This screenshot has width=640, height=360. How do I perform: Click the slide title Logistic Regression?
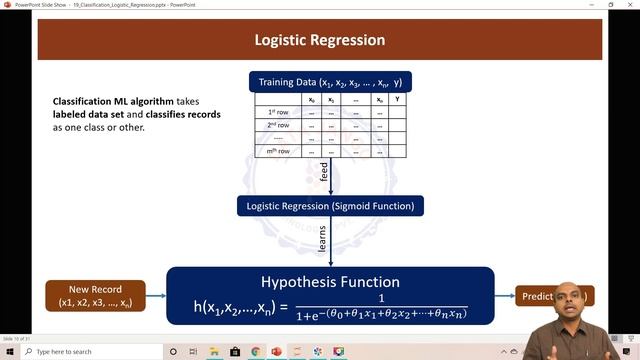click(x=319, y=41)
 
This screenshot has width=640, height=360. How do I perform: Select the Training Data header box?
click(x=330, y=82)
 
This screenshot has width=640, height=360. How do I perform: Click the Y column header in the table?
click(x=398, y=99)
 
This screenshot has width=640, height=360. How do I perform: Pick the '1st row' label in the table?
click(x=278, y=112)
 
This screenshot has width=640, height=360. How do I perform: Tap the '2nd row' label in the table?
click(x=278, y=125)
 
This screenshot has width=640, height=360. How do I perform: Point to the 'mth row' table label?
click(x=278, y=151)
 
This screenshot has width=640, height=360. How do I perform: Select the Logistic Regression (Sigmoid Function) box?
click(x=330, y=206)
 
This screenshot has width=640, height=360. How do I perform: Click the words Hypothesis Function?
click(x=330, y=282)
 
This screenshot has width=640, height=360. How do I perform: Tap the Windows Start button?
click(x=9, y=351)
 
